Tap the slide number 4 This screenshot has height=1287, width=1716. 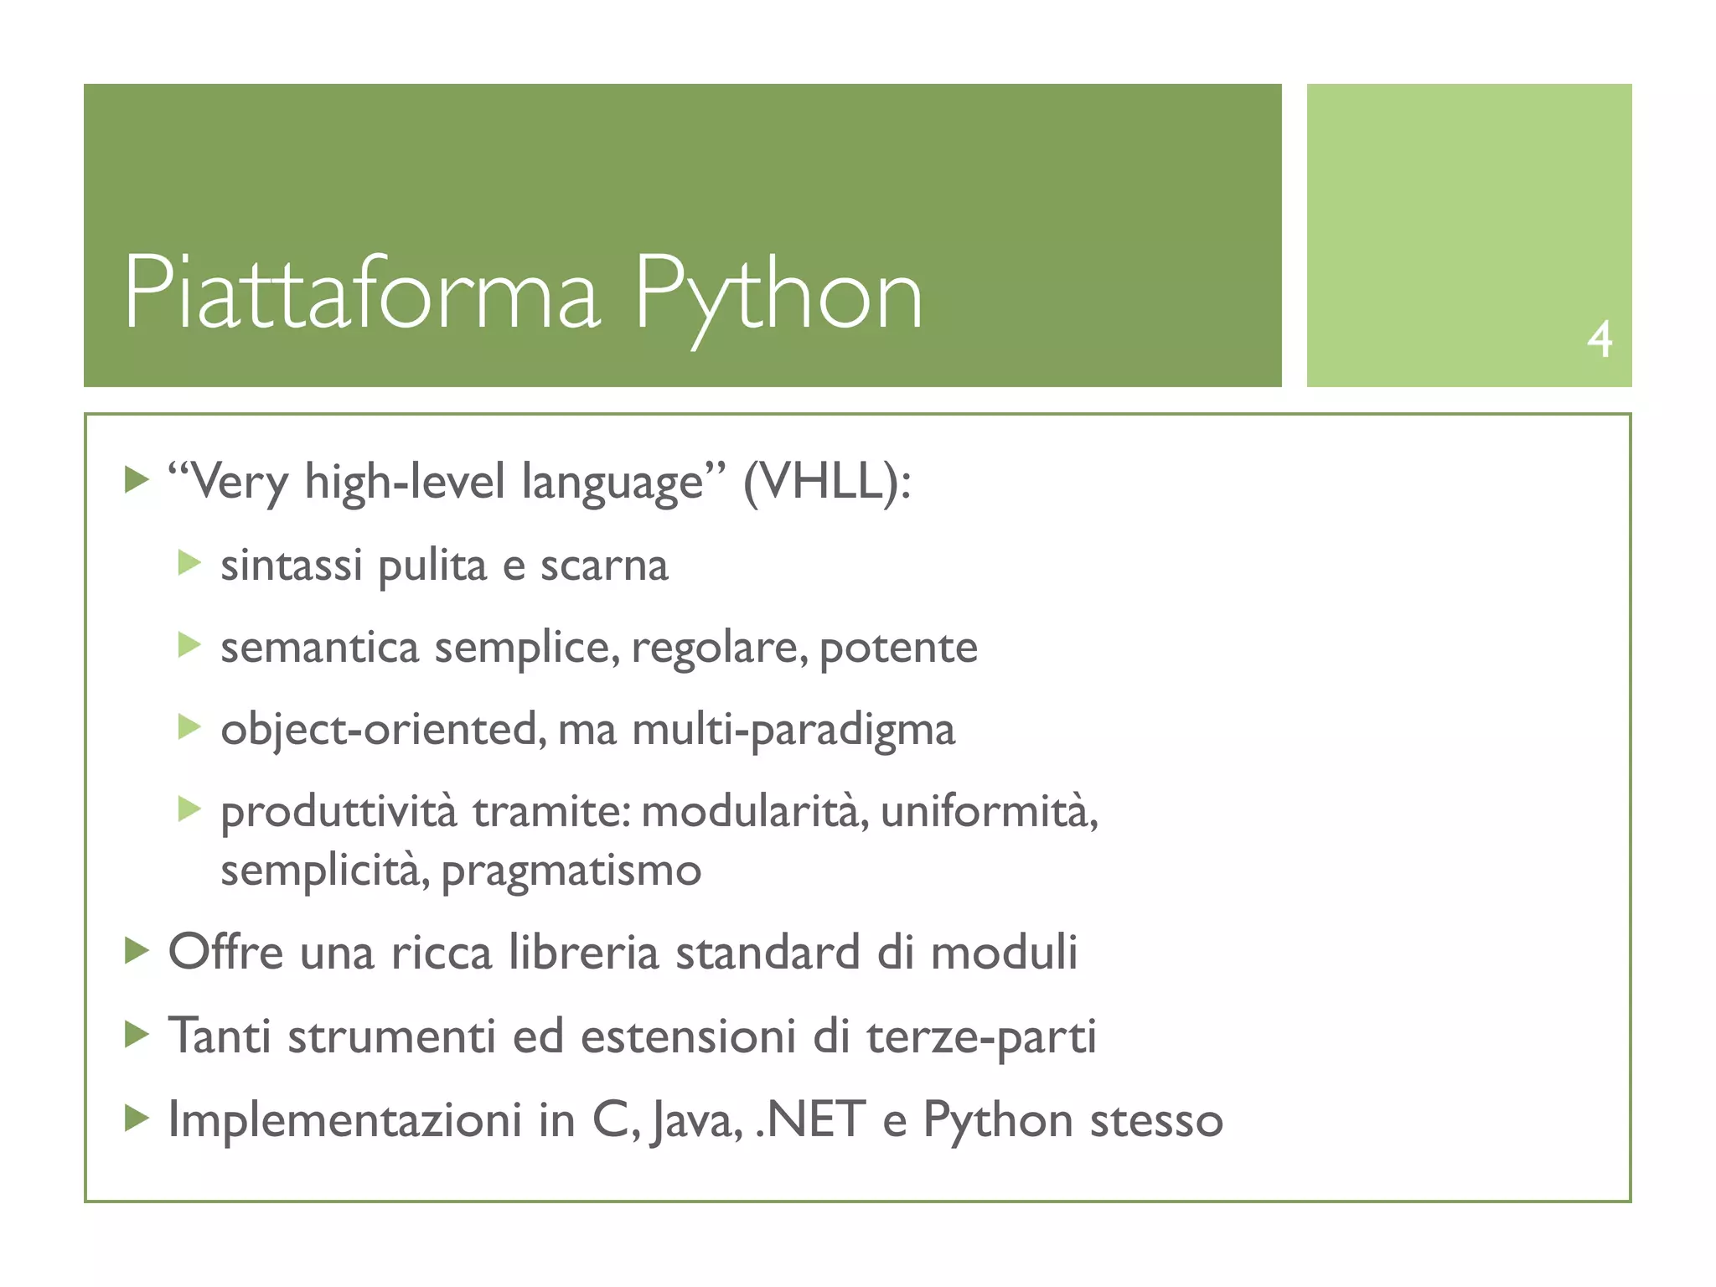tap(1599, 339)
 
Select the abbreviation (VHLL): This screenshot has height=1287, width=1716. tap(827, 483)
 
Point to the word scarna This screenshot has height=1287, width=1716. tap(604, 566)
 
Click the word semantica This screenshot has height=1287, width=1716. tap(319, 648)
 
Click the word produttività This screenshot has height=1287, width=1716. tap(339, 811)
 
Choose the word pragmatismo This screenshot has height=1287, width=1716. tap(571, 871)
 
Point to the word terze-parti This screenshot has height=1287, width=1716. tap(981, 1036)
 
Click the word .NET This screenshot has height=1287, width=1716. tap(809, 1120)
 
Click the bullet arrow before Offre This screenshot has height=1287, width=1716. tap(137, 951)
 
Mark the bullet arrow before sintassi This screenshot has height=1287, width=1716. tap(189, 563)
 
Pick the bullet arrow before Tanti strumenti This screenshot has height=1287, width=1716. tap(137, 1035)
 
